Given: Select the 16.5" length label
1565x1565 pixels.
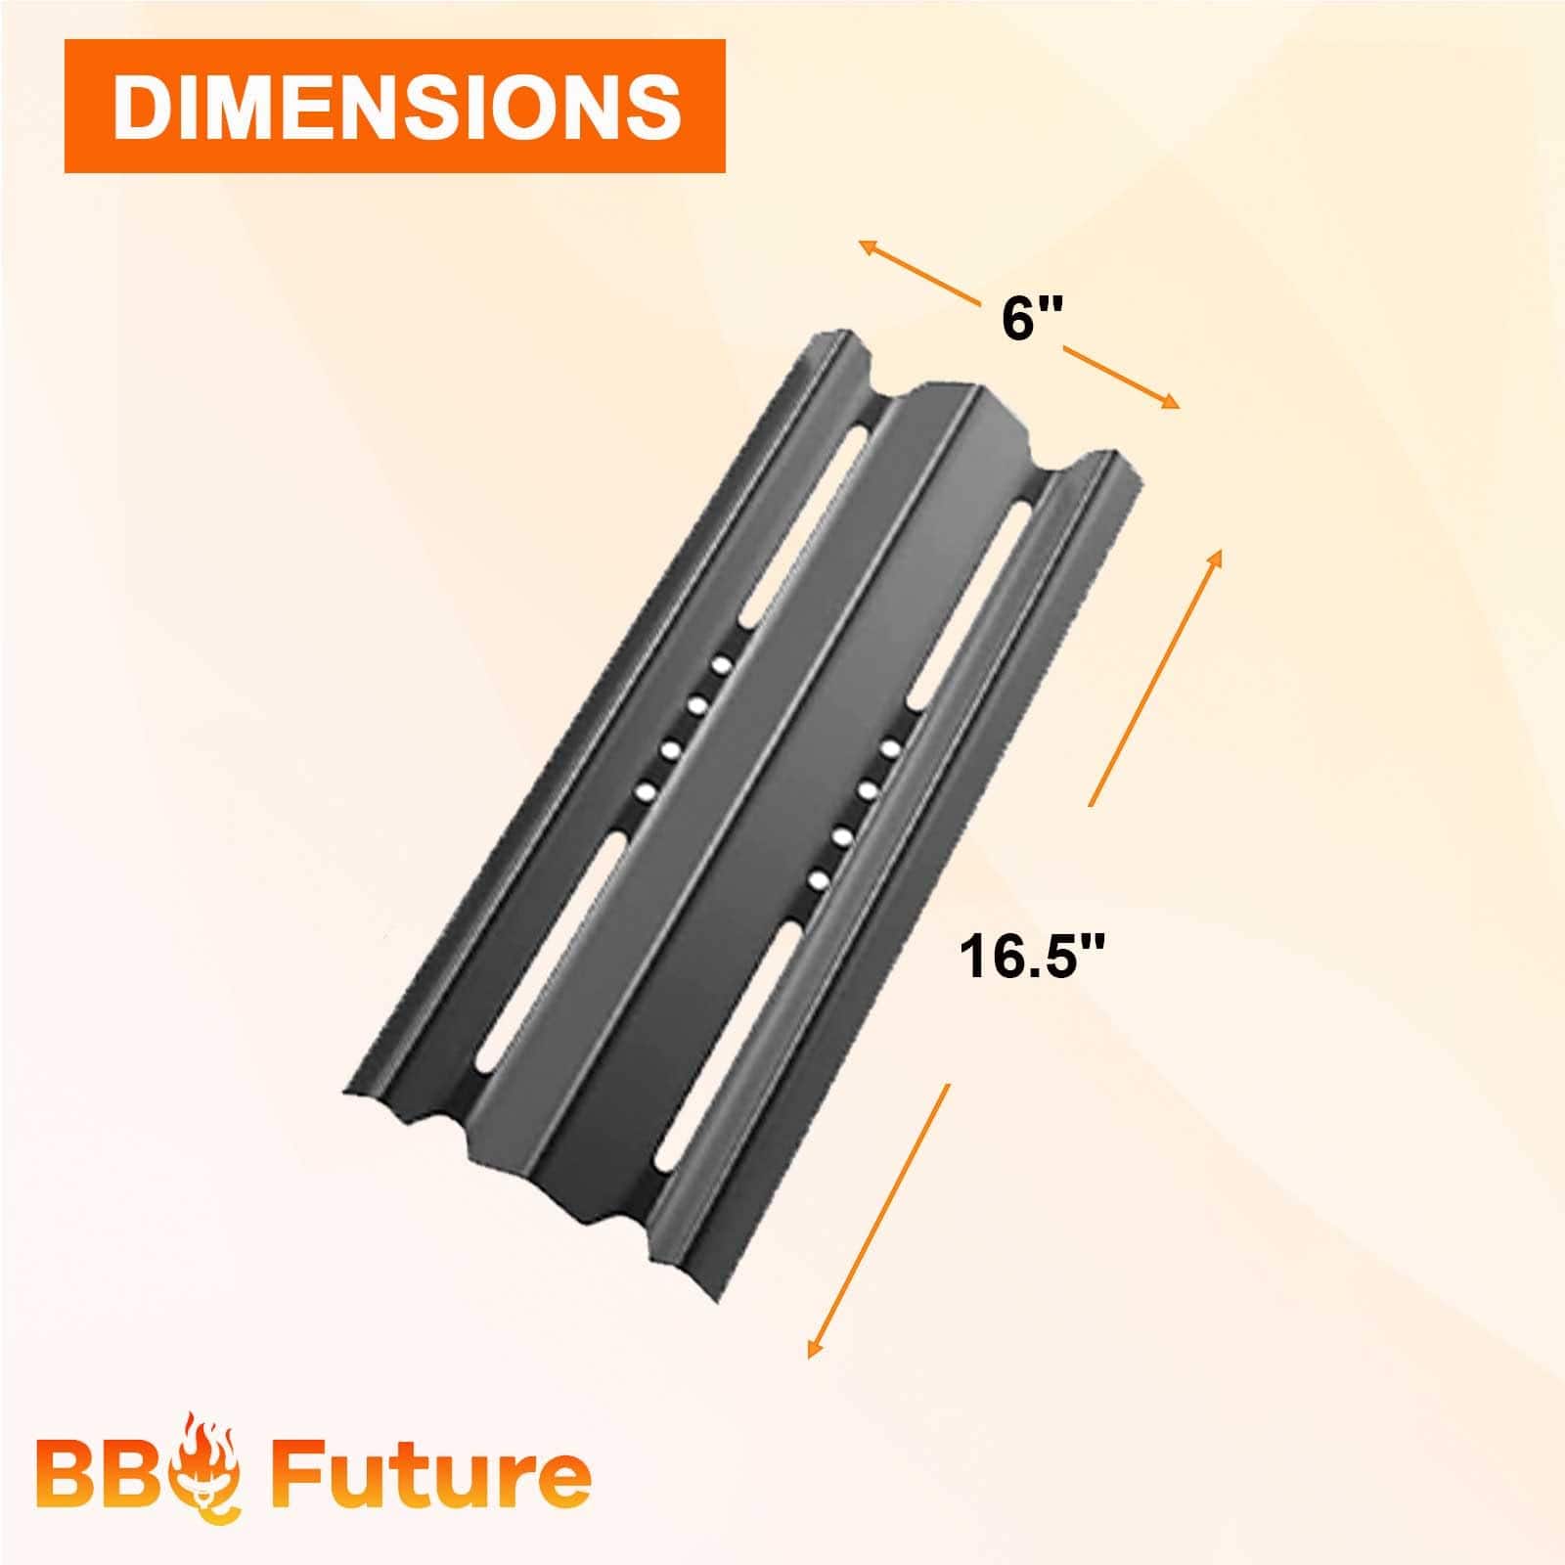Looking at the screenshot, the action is click(1035, 958).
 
